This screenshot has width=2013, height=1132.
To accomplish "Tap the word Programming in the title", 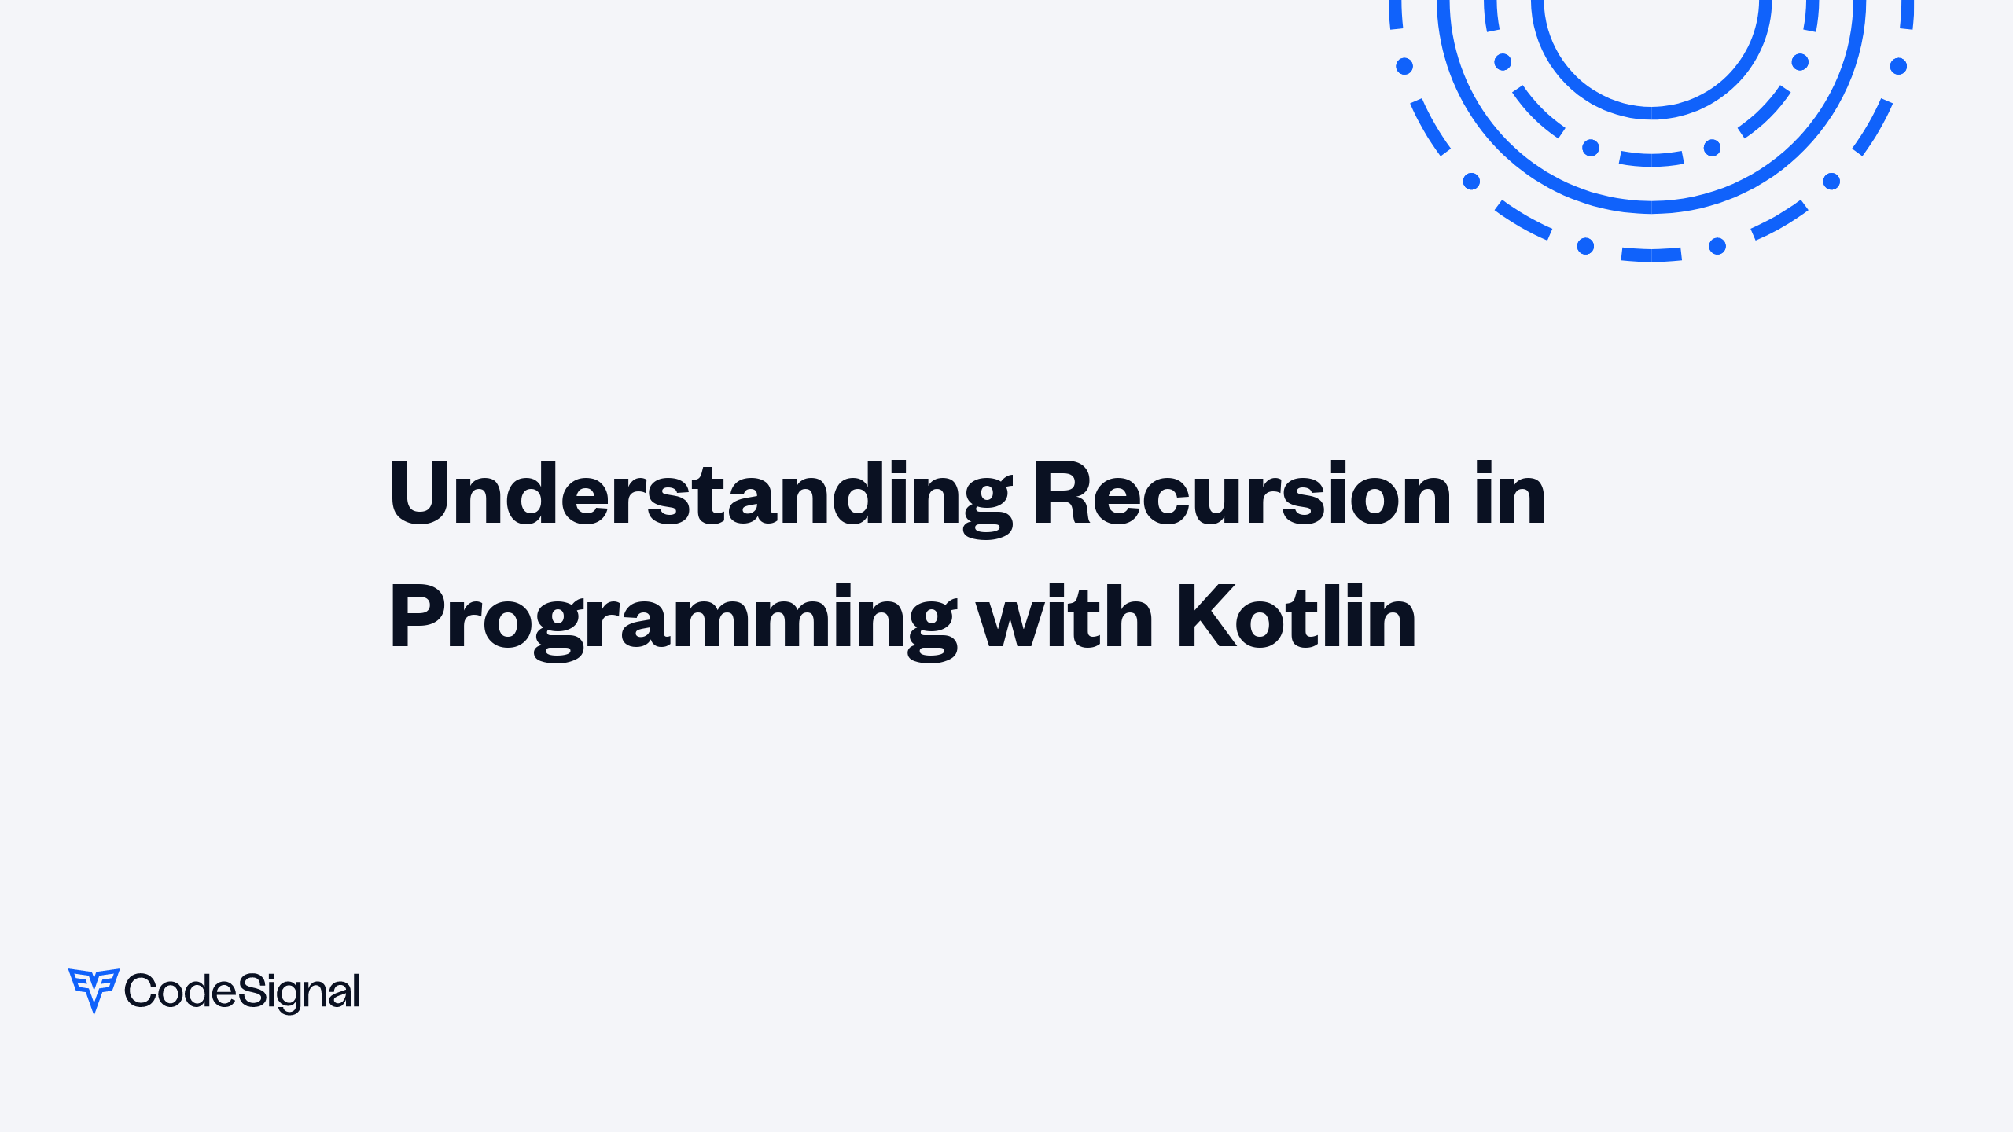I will [x=672, y=619].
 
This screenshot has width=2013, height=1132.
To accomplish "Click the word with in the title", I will [x=1064, y=618].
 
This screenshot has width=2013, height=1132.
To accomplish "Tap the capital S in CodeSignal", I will [x=251, y=990].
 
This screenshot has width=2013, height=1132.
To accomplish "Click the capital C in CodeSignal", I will [x=142, y=990].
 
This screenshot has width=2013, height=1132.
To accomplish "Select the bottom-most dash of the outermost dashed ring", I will [x=1651, y=255].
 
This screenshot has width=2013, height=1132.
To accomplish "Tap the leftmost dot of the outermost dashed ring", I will [x=1404, y=66].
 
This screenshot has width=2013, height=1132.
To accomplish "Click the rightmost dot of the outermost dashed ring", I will [x=1898, y=66].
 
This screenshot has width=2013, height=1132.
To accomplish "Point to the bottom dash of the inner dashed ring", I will [x=1651, y=160].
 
